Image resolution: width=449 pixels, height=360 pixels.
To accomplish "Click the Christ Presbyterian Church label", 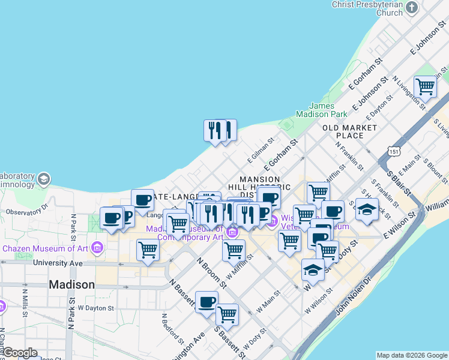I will coord(367,8).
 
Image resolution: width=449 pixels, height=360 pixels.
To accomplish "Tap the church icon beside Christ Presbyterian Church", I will coord(412,8).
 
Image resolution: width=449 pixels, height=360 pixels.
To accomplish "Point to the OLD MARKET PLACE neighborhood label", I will coord(350,131).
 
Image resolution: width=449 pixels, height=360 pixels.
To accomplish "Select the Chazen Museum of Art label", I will coord(46,248).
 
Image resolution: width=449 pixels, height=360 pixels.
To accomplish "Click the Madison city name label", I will coord(71,284).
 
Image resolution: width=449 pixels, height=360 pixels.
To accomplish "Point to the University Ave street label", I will coord(58,263).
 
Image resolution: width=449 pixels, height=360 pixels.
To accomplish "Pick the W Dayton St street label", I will coord(95,308).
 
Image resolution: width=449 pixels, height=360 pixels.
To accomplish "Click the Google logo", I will coord(20,352).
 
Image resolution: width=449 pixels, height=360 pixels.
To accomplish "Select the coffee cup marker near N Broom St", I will coord(206,302).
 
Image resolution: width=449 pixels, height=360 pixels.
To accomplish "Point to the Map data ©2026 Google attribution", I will coord(412,355).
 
